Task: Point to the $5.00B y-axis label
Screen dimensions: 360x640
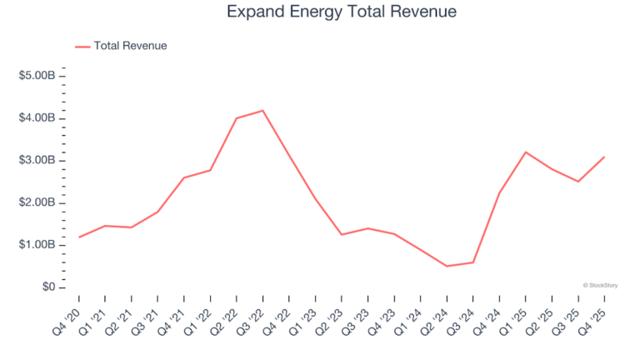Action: click(x=37, y=76)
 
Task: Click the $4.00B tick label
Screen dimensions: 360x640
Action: click(x=37, y=118)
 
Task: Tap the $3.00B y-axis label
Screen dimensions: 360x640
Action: click(x=37, y=160)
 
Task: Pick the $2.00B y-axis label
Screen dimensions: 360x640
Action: click(x=37, y=202)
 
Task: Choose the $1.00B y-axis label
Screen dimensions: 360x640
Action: click(x=37, y=245)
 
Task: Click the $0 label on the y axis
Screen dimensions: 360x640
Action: click(x=47, y=287)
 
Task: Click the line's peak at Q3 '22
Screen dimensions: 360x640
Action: click(x=263, y=111)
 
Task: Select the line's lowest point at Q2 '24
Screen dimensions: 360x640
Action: click(x=447, y=266)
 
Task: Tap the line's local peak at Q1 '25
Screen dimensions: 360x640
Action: click(x=526, y=152)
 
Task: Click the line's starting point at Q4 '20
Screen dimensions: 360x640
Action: click(x=79, y=237)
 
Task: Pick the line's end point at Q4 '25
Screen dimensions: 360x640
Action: click(x=604, y=157)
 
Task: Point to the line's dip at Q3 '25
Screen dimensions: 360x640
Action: click(x=578, y=181)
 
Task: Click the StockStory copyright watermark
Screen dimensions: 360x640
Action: click(x=602, y=285)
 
